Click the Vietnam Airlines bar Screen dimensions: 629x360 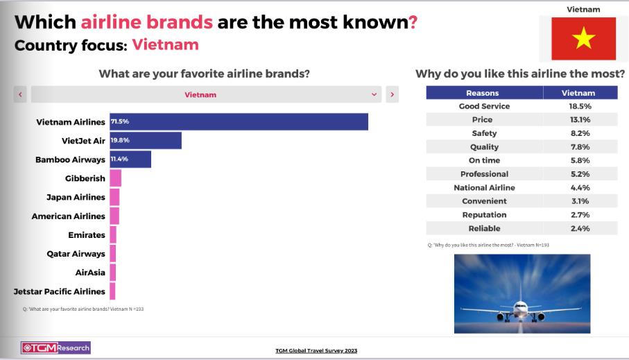coord(239,121)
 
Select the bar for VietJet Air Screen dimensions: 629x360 coord(146,141)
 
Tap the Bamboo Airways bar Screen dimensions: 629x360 coord(130,160)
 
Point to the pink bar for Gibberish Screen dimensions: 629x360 coord(116,178)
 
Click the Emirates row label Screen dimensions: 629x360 coord(87,234)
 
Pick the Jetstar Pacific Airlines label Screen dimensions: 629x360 coord(60,291)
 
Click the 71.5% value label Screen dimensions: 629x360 coord(120,121)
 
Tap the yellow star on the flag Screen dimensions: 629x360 coord(583,38)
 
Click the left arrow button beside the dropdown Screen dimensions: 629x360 coord(20,94)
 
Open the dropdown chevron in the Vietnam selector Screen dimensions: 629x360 coord(374,95)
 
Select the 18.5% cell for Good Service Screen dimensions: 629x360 coord(580,106)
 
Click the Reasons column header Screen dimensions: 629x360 coord(483,93)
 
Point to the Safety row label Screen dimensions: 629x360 coord(484,133)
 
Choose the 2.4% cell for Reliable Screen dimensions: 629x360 coord(580,228)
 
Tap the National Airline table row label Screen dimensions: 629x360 coord(484,187)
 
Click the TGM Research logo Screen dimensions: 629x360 coord(55,348)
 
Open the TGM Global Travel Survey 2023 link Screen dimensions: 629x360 coord(316,350)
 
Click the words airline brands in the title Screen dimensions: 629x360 coord(147,22)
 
